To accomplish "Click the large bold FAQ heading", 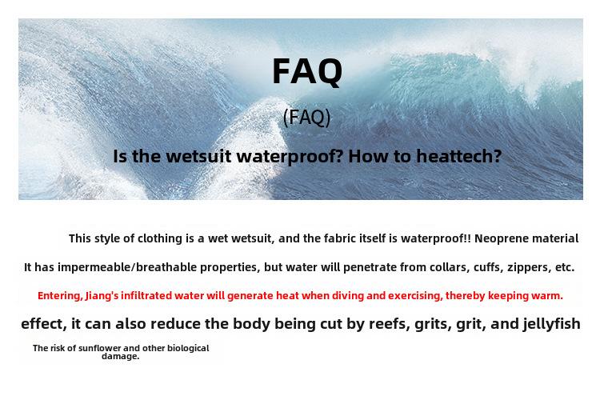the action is pyautogui.click(x=307, y=71).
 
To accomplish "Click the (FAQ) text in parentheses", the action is pyautogui.click(x=306, y=117).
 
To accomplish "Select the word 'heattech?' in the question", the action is pyautogui.click(x=459, y=156).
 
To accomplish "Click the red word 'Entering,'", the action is pyautogui.click(x=60, y=296).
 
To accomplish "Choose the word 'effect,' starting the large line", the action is pyautogui.click(x=44, y=324).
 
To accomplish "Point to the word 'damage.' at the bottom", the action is pyautogui.click(x=121, y=356).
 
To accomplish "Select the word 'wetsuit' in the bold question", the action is pyautogui.click(x=198, y=156).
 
